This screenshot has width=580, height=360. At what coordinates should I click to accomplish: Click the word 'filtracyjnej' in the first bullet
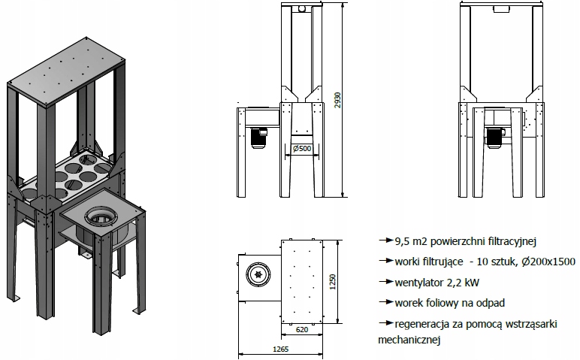pyautogui.click(x=504, y=241)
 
